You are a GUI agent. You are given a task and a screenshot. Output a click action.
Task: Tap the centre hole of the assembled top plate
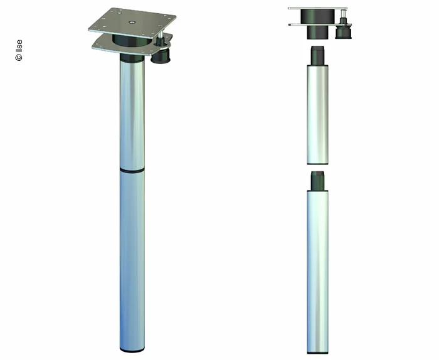(x=132, y=21)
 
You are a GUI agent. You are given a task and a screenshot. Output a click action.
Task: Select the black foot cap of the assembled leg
(x=132, y=347)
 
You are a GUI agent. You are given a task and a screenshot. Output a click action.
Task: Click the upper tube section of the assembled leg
(x=132, y=113)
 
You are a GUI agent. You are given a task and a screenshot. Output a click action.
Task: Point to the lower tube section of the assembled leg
(x=132, y=257)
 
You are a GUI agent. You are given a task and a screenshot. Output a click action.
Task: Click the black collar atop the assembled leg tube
(x=132, y=58)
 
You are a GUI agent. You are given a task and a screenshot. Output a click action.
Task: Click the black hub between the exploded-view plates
(x=316, y=17)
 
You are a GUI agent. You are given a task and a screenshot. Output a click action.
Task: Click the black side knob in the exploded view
(x=344, y=29)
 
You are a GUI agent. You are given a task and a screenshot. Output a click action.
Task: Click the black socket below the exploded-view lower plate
(x=316, y=33)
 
